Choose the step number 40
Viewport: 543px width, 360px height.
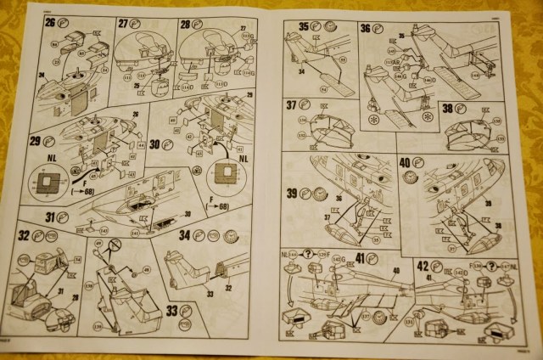pos(406,162)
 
